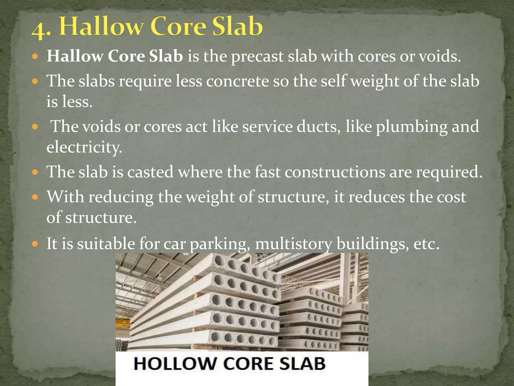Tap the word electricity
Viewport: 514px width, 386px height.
pyautogui.click(x=84, y=147)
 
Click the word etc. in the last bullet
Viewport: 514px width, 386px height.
pyautogui.click(x=426, y=244)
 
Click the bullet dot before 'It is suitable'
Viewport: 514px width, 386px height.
pyautogui.click(x=35, y=244)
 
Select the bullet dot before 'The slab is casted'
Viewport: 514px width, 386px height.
pyautogui.click(x=35, y=172)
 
